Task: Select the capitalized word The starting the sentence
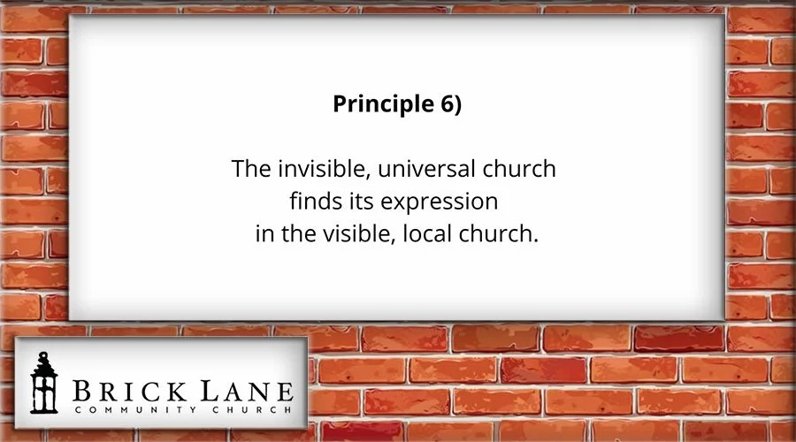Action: point(249,169)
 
